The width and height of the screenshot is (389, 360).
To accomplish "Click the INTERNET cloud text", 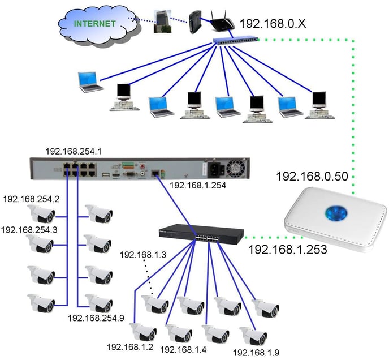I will coord(94,23).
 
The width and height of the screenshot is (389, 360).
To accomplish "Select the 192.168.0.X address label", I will coord(273,24).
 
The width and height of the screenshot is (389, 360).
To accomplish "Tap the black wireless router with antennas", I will coord(222,23).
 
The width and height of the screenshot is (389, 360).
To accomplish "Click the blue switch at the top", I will coord(235,40).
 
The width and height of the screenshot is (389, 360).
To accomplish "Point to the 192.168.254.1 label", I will coord(75,151).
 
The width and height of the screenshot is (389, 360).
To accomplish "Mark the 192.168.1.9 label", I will coord(257,352).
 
